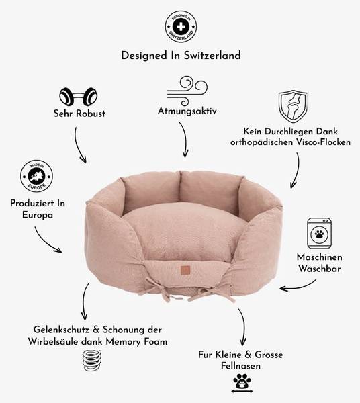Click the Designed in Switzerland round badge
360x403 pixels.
tap(181, 27)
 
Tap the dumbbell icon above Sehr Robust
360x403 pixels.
tap(79, 96)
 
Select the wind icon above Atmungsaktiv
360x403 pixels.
tap(187, 91)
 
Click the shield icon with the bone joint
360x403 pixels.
tap(293, 106)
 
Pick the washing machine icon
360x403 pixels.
tap(320, 233)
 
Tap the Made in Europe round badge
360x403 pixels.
tap(37, 176)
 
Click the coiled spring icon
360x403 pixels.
tap(92, 361)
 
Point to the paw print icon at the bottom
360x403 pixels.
tap(242, 383)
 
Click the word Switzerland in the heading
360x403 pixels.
tap(212, 56)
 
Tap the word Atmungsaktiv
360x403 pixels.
tap(187, 111)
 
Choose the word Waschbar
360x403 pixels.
tap(320, 269)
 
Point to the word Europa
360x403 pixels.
tap(38, 215)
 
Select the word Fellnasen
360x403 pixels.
tap(240, 366)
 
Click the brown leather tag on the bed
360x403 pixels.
tap(185, 269)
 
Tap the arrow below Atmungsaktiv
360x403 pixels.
tap(184, 139)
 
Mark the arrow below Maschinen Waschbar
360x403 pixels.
tap(298, 286)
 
